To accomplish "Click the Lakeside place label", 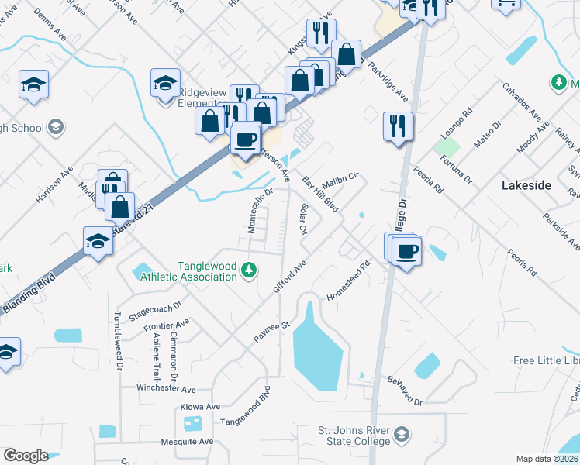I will coord(526,185).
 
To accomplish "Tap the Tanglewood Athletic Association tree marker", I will coord(248,270).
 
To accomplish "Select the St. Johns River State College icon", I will coord(401,435).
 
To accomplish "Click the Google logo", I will coord(26,456).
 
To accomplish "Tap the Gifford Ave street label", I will coord(290,277).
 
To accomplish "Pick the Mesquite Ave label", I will coord(185,442).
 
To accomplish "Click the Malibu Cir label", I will coord(341,178).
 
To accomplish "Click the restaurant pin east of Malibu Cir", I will coord(398,125).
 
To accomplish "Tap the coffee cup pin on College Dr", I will coord(406,250).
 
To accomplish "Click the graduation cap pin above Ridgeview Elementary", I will coord(165,82).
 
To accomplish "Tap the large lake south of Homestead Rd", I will coord(318,353).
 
